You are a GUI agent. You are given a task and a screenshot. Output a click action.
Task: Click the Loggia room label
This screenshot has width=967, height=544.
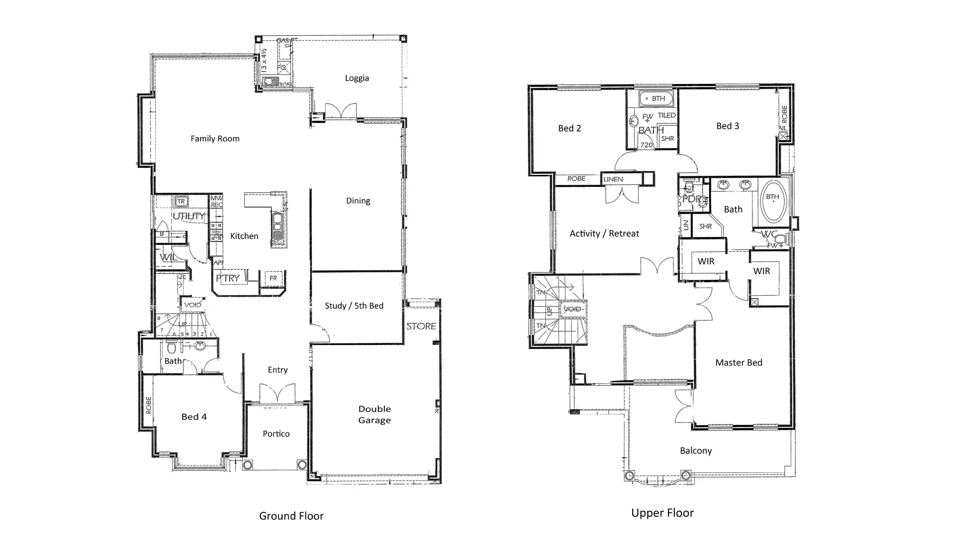click(x=357, y=78)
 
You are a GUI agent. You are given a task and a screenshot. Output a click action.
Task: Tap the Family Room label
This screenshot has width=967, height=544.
click(x=215, y=139)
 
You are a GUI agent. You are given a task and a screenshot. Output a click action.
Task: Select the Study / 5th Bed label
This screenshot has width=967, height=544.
click(x=354, y=306)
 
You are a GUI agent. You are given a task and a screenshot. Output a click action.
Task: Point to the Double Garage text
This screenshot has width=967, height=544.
click(x=374, y=415)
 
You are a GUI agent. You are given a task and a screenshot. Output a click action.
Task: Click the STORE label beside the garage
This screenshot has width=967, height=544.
click(x=421, y=326)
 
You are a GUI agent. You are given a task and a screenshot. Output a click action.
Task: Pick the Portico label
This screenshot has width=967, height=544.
click(x=276, y=434)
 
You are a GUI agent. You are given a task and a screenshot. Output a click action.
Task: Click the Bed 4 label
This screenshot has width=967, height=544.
click(x=194, y=417)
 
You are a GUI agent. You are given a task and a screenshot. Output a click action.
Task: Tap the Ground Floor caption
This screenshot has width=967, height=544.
click(x=291, y=516)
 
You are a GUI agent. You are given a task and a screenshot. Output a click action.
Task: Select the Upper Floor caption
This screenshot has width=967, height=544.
click(x=662, y=513)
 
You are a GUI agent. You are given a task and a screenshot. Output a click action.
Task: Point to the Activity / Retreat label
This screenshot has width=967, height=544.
click(x=604, y=233)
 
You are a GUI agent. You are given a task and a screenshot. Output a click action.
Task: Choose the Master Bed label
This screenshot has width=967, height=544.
click(x=738, y=362)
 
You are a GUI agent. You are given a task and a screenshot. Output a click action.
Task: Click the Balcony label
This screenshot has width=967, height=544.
click(x=696, y=451)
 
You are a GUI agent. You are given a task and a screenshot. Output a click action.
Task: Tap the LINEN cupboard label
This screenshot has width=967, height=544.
click(x=613, y=179)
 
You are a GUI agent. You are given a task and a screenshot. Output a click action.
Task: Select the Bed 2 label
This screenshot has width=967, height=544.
click(x=569, y=128)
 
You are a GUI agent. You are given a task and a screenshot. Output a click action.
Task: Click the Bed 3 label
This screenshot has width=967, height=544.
click(x=727, y=126)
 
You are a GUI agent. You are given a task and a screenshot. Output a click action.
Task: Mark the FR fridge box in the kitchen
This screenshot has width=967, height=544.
click(x=273, y=278)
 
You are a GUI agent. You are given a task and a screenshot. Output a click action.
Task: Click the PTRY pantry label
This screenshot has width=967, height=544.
click(x=228, y=278)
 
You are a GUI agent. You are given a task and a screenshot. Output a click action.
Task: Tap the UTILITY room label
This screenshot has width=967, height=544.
click(x=189, y=216)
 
